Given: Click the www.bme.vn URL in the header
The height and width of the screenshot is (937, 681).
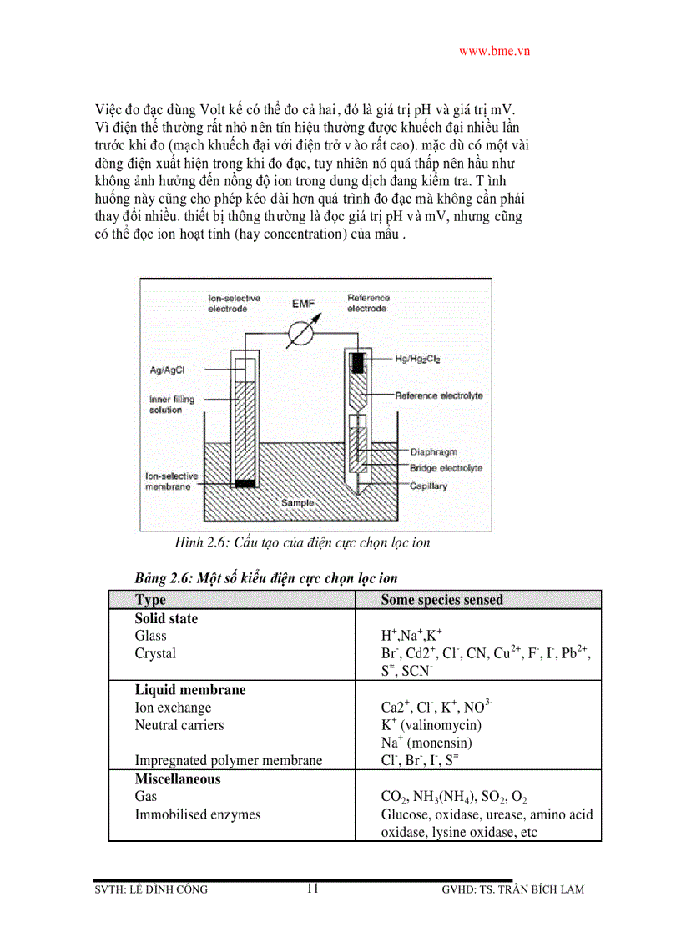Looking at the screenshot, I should [x=494, y=51].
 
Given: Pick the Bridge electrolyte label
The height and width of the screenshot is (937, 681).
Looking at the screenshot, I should [x=445, y=468].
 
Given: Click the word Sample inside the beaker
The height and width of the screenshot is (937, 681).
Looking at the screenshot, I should [x=298, y=503].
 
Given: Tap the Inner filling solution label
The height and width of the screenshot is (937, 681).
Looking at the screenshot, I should [x=171, y=405].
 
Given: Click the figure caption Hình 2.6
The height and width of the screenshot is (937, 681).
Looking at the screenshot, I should [x=302, y=543].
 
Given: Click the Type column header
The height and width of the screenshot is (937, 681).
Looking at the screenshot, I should [x=150, y=600].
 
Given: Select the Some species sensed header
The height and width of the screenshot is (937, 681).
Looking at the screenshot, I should [x=441, y=600].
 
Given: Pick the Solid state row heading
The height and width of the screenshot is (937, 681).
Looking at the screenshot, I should [x=166, y=619].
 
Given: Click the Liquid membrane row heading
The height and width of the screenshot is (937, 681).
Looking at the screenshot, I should [x=189, y=690].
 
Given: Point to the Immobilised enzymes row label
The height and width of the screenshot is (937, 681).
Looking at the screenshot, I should [x=198, y=814].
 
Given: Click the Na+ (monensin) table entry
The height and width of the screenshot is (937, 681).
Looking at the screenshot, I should [x=426, y=743].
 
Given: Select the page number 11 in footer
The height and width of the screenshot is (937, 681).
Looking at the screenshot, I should [x=312, y=888].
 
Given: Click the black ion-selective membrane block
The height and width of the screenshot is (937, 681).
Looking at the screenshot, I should [x=244, y=483].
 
